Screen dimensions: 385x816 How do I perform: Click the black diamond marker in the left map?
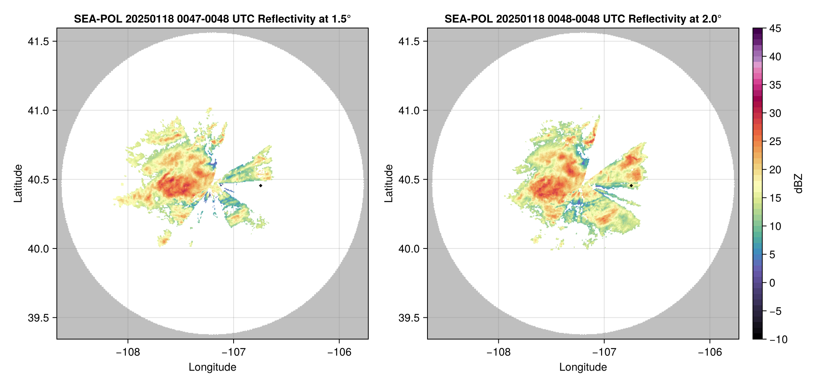(x=260, y=185)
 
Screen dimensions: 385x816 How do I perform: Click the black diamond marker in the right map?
(x=631, y=185)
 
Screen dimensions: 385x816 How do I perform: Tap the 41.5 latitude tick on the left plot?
(x=38, y=42)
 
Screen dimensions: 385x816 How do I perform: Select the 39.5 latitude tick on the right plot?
(x=409, y=318)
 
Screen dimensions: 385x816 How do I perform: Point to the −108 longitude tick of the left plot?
(x=128, y=352)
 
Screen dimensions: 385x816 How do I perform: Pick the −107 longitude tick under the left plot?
(x=233, y=352)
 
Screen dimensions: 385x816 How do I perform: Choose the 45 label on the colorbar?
(x=775, y=28)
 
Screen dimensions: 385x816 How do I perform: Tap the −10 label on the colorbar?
(x=778, y=339)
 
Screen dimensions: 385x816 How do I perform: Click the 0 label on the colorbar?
(x=772, y=283)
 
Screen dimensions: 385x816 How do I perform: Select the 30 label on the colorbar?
(x=775, y=113)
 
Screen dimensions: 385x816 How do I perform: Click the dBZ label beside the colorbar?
(x=798, y=184)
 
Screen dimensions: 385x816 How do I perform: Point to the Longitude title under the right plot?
(x=583, y=367)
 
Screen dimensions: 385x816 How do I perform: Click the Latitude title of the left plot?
(x=18, y=183)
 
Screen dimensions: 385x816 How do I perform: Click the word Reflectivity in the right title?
(x=654, y=19)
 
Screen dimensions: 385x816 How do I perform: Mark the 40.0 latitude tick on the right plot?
(x=409, y=249)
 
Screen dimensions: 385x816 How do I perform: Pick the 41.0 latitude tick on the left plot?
(x=38, y=111)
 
